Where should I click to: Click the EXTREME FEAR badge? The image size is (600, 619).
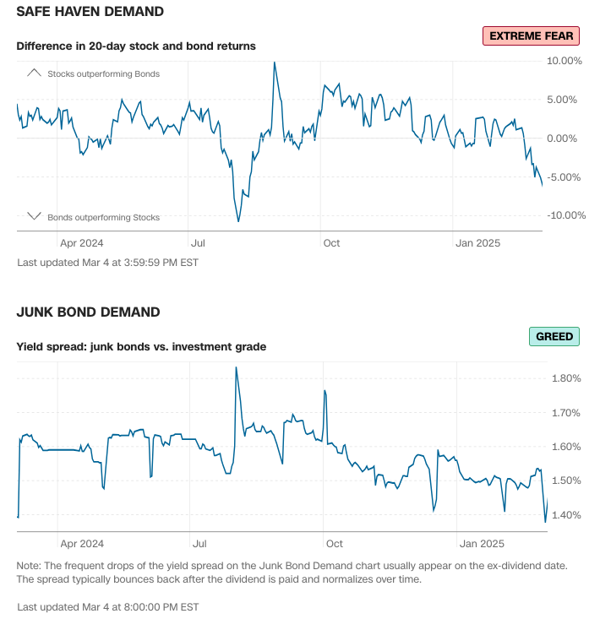(x=531, y=35)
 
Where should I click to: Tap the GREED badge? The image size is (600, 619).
(x=554, y=336)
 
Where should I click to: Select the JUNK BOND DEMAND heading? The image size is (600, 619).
(x=88, y=312)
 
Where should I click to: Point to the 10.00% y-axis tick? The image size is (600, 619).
(x=565, y=61)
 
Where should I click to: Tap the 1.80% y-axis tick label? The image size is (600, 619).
(x=566, y=378)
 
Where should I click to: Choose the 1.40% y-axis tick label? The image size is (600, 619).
(x=566, y=515)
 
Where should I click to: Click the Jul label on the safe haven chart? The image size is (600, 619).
(x=198, y=243)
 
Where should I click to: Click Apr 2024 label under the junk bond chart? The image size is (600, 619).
(x=82, y=544)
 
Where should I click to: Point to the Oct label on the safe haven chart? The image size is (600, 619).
(x=331, y=243)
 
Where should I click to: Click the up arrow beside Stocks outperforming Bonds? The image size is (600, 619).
(x=34, y=73)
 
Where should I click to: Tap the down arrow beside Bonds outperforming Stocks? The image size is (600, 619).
(x=34, y=216)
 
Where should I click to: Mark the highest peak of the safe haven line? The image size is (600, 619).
(x=275, y=62)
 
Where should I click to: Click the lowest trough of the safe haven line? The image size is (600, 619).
(x=238, y=221)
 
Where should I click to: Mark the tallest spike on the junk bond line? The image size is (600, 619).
(x=236, y=367)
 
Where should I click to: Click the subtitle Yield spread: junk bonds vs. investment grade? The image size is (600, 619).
(x=141, y=345)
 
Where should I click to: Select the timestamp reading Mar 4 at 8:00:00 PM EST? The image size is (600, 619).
(x=107, y=606)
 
